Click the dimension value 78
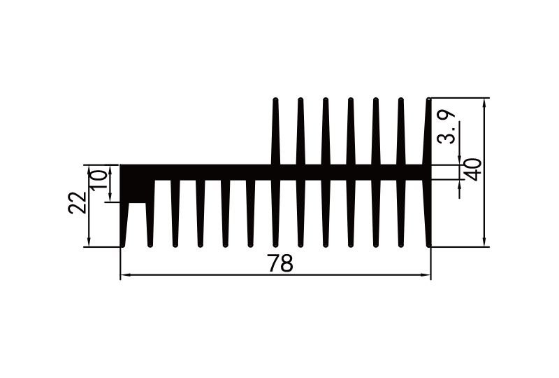coord(279,264)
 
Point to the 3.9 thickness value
coord(447,127)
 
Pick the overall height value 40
coord(473,170)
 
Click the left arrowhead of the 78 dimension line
coord(125,276)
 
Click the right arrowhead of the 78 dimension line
coord(426,276)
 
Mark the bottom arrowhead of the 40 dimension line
coord(485,242)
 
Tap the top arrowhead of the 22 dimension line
coord(88,169)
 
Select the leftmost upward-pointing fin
coord(275,133)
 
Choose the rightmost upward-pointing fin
coord(428,133)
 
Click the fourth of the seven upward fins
coord(351,133)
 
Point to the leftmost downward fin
coord(124,224)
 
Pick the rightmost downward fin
coord(428,210)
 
